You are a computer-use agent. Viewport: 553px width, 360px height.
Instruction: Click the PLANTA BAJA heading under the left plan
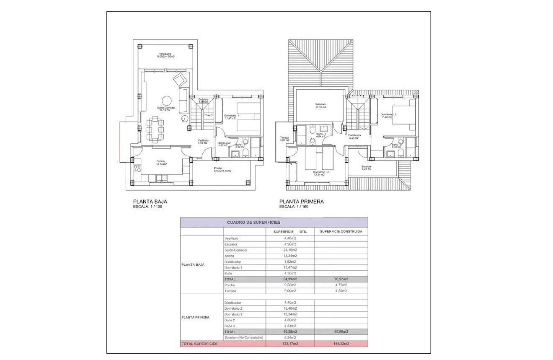pyautogui.click(x=150, y=201)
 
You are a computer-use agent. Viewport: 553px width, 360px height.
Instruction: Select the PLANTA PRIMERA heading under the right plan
pyautogui.click(x=302, y=201)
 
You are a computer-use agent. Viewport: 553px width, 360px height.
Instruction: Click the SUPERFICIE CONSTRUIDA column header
pyautogui.click(x=341, y=231)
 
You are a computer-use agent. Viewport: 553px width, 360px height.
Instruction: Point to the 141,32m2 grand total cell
pyautogui.click(x=341, y=344)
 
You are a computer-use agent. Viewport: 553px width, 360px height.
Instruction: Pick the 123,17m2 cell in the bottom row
pyautogui.click(x=290, y=344)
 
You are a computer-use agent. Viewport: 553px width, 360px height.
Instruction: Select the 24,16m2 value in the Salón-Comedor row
pyautogui.click(x=290, y=250)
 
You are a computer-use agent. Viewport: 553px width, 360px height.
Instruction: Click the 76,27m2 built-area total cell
pyautogui.click(x=341, y=279)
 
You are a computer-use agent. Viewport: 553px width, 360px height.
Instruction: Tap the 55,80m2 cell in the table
pyautogui.click(x=341, y=332)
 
